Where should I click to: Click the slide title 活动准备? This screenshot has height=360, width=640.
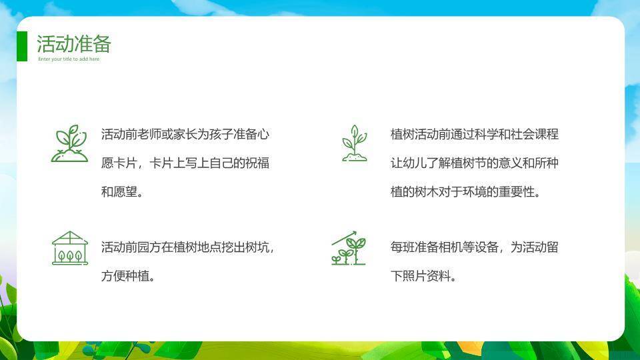(x=73, y=44)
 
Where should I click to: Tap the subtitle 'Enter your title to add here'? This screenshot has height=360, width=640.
(x=69, y=59)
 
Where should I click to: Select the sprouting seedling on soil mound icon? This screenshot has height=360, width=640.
(x=69, y=143)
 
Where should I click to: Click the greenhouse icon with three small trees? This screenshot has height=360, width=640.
(x=69, y=248)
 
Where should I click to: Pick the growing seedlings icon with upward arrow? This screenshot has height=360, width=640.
(x=349, y=248)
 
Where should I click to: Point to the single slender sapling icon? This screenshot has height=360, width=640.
(x=353, y=143)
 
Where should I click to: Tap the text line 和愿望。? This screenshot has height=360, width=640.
(x=121, y=192)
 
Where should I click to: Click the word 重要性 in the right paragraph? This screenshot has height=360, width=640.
(x=516, y=192)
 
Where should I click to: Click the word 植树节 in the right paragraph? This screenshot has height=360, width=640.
(x=474, y=163)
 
